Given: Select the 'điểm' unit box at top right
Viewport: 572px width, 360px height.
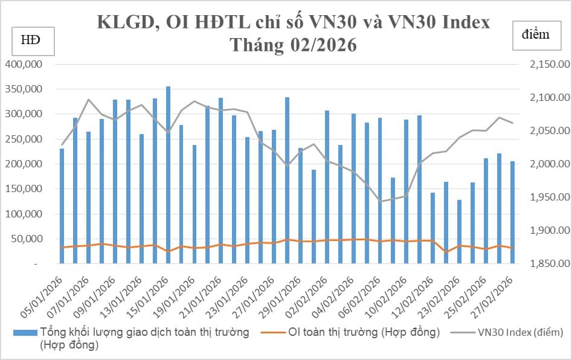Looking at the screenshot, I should click(x=536, y=34).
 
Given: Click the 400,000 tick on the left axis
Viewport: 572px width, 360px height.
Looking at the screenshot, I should click(x=24, y=64).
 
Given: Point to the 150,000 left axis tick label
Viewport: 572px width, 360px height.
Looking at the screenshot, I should click(x=24, y=189).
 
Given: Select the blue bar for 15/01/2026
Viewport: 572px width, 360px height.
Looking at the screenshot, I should click(x=168, y=175).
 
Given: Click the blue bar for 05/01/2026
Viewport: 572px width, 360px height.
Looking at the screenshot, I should click(x=62, y=206).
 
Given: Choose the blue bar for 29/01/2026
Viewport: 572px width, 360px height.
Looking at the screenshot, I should click(x=287, y=181).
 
